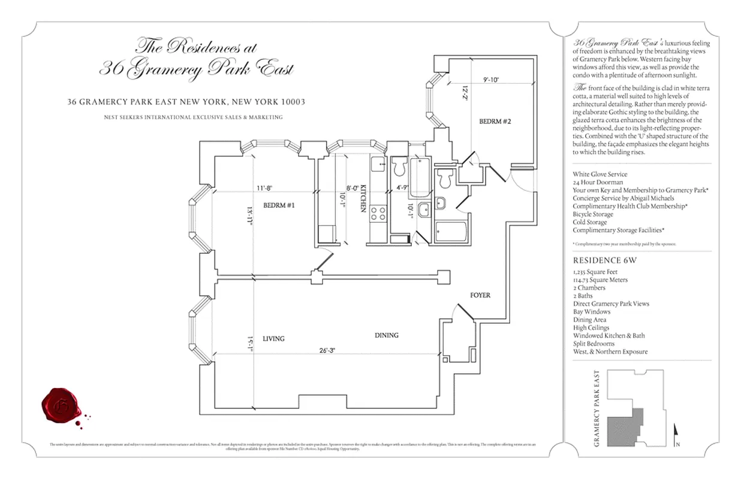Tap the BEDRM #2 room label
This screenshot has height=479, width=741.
495,122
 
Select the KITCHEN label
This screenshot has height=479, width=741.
363,199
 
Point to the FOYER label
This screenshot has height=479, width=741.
480,295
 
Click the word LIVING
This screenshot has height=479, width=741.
273,338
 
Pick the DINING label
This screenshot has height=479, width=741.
386,335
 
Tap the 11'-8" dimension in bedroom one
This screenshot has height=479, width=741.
264,187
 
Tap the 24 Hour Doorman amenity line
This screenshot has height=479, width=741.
597,182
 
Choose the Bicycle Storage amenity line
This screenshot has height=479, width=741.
593,214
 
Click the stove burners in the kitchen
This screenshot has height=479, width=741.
378,213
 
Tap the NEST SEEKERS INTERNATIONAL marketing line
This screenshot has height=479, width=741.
193,117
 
